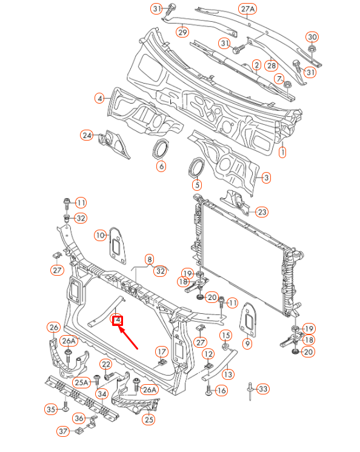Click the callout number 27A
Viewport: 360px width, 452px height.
point(248,8)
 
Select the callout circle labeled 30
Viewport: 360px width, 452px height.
point(312,36)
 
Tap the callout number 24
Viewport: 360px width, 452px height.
point(87,135)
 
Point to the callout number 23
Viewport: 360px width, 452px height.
point(261,211)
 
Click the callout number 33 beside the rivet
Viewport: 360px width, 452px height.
point(263,388)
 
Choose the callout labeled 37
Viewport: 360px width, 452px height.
point(63,431)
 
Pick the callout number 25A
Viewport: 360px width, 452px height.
point(82,382)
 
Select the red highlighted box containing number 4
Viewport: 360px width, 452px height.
point(118,320)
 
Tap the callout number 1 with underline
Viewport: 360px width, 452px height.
point(282,153)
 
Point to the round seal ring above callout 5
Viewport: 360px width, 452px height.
point(197,167)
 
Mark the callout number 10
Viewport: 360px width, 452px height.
point(100,234)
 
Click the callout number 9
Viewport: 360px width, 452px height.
point(247,344)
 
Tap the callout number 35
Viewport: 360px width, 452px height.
point(52,409)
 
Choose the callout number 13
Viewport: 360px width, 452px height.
point(227,374)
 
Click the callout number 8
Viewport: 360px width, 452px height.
point(149,259)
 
